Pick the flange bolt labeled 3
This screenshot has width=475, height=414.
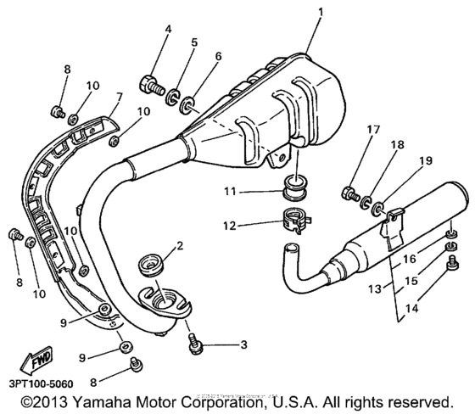pos(194,344)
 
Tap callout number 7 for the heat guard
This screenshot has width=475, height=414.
pos(119,98)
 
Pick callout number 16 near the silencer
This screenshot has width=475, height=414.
pos(410,260)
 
